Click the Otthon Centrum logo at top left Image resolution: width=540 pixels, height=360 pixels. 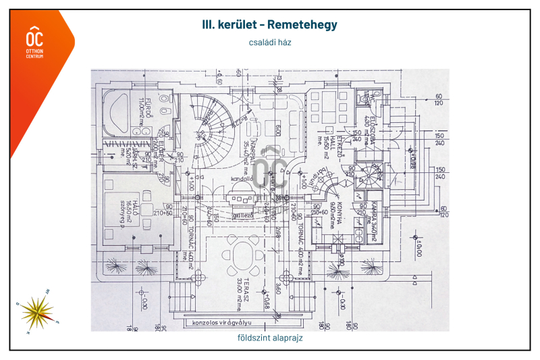tap(34, 41)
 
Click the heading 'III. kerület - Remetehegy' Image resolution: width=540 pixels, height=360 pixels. tap(269, 24)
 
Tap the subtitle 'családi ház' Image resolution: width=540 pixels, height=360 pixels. tap(269, 42)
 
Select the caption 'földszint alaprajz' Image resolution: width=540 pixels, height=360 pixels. tap(269, 338)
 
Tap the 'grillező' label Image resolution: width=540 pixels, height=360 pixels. tap(241, 215)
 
